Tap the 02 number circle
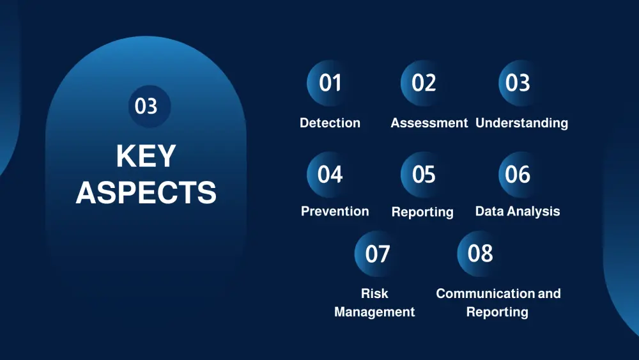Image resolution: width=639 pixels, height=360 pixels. coord(424,83)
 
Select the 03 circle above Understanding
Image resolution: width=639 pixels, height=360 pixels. coord(518,83)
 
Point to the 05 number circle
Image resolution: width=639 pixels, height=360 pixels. coord(424,175)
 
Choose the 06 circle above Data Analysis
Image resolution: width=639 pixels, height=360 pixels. coord(518,175)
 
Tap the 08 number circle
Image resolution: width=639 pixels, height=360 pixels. coord(480,254)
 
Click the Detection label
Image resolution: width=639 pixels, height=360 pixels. coord(330,123)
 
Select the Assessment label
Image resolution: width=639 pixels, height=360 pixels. coord(429,123)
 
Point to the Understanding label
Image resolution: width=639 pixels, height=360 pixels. coord(521,123)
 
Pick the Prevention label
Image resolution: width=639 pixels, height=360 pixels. coord(335,211)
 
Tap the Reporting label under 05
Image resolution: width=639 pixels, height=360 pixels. coord(422,212)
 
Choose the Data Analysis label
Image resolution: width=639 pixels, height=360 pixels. coord(518,211)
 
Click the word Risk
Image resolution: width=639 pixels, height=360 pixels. coord(374,293)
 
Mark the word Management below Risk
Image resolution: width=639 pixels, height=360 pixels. coord(374,312)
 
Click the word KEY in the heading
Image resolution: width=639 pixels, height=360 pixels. coord(146,156)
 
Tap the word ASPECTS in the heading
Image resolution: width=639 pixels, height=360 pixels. coord(146,192)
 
